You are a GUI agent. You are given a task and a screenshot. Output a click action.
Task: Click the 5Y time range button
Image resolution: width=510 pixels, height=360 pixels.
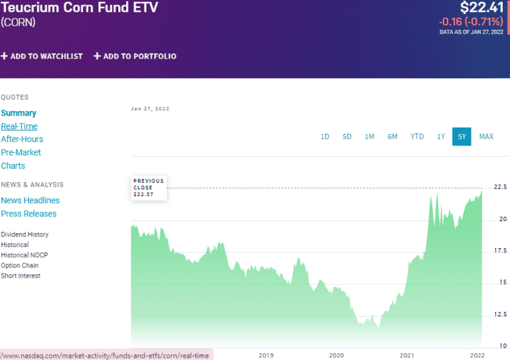click(462, 137)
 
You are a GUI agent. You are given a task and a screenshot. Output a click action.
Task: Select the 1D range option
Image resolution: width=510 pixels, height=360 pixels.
click(325, 137)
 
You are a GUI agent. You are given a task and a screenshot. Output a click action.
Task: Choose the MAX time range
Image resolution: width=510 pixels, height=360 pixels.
click(486, 137)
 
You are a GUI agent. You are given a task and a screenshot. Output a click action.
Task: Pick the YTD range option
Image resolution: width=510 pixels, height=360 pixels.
click(416, 137)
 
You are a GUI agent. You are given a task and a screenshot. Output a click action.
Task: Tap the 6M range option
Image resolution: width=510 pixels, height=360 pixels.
click(392, 137)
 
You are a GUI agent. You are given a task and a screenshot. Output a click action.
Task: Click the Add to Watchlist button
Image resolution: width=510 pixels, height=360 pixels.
click(42, 56)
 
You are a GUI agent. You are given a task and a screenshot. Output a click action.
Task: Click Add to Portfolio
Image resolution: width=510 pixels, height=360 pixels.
click(135, 56)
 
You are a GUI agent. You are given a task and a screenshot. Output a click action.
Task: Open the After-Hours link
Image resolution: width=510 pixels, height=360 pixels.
click(22, 139)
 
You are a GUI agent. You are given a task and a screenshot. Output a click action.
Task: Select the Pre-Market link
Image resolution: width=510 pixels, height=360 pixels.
click(21, 153)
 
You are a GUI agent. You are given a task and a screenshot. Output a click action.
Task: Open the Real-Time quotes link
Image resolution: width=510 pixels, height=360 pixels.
click(19, 126)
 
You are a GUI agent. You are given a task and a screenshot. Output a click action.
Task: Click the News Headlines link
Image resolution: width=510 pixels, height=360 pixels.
click(30, 201)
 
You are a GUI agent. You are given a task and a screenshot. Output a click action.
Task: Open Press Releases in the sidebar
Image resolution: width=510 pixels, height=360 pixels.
click(29, 214)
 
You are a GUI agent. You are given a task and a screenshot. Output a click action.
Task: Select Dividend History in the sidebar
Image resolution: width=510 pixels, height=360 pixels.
click(25, 234)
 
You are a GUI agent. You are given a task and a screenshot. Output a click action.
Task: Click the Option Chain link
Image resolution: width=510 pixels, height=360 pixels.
click(20, 266)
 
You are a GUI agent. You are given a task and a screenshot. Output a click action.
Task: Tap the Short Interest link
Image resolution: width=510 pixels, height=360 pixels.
click(21, 276)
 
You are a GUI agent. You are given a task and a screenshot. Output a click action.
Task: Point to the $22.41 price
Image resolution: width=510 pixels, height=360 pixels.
click(482, 8)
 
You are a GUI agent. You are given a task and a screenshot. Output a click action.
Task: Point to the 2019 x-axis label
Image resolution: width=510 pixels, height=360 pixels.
click(266, 355)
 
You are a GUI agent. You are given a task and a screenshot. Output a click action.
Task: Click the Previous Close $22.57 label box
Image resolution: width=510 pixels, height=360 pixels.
click(148, 188)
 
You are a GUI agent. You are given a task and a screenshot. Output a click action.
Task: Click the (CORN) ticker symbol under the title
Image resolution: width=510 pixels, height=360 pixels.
click(18, 23)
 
